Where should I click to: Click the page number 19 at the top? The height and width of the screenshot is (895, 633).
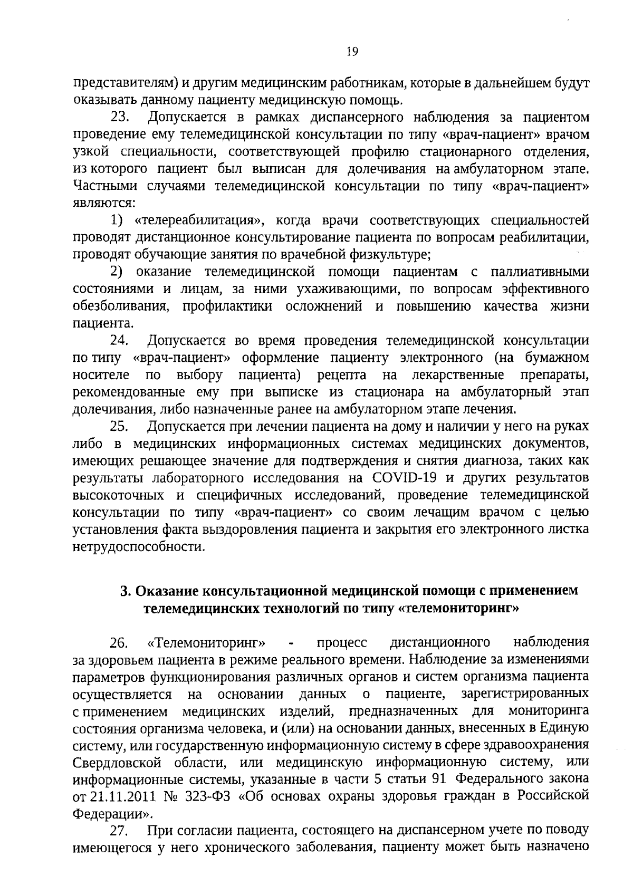coord(353,51)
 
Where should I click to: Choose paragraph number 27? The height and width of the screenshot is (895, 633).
coord(120,832)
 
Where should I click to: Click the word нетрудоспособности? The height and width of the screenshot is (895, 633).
coord(138,546)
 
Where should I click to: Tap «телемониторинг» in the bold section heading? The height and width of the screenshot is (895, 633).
coord(458,608)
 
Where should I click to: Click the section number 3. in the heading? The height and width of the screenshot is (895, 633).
coord(125,591)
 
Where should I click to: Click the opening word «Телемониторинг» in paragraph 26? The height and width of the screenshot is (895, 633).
coord(206,643)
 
